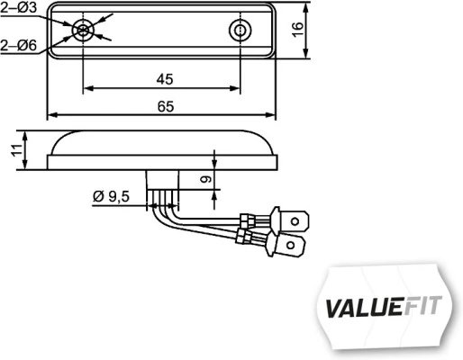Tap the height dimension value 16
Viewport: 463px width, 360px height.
pos(307,31)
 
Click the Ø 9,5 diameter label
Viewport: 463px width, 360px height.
pos(111,195)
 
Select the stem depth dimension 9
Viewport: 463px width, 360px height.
pos(204,180)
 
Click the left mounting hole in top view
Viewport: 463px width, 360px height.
pos(84,31)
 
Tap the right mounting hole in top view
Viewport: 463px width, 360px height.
pos(240,31)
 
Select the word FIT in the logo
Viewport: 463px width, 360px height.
pos(427,305)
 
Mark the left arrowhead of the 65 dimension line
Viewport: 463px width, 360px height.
pos(50,116)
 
